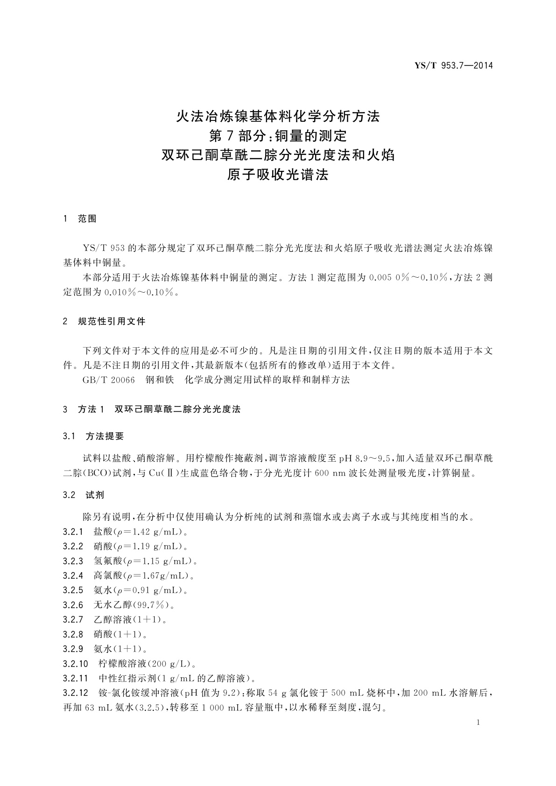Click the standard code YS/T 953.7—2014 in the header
[x=454, y=66]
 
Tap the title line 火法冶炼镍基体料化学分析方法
[x=278, y=116]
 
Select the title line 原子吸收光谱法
[x=278, y=175]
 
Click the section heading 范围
[x=87, y=219]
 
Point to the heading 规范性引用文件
[x=112, y=322]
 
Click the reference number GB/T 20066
[x=109, y=380]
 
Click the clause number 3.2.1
[x=73, y=532]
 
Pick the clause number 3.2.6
[x=73, y=605]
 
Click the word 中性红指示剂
[x=127, y=678]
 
